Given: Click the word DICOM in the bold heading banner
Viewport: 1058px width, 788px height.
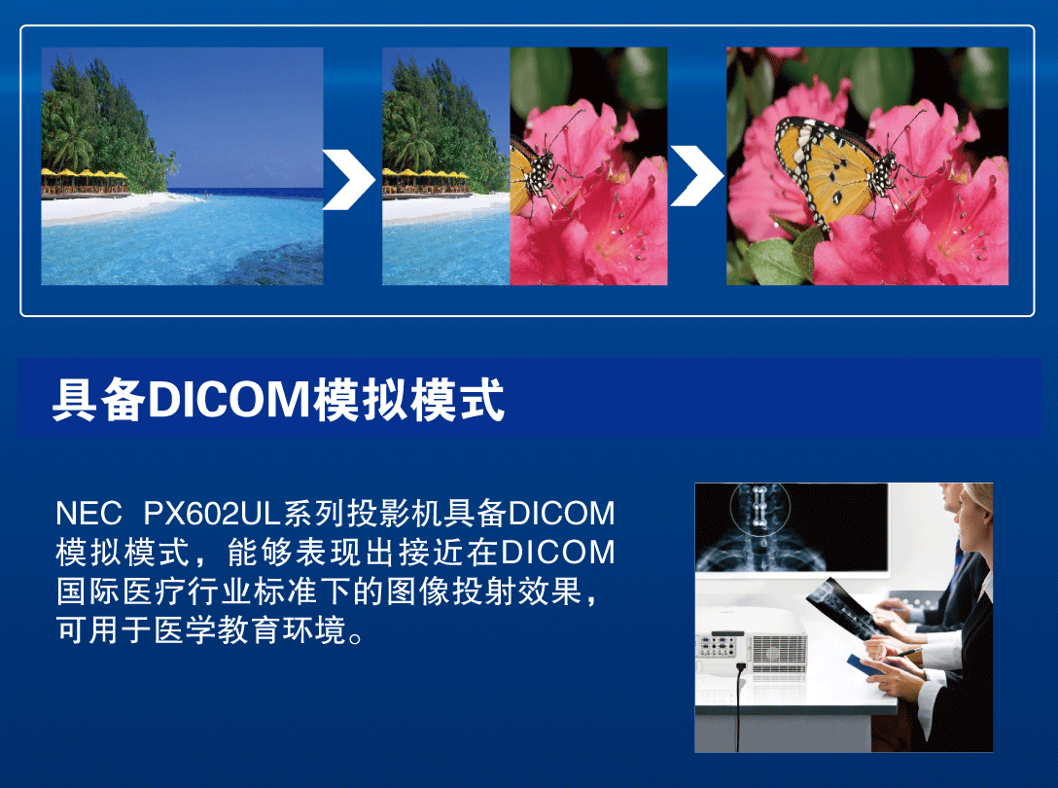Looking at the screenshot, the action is pyautogui.click(x=229, y=400).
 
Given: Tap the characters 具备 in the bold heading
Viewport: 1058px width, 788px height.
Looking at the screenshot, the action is pyautogui.click(x=99, y=400).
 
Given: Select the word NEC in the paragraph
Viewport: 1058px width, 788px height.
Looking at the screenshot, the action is pyautogui.click(x=88, y=514).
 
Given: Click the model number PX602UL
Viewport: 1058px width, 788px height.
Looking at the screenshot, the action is pyautogui.click(x=211, y=514).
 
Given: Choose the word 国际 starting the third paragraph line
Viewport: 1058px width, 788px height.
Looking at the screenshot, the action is pyautogui.click(x=88, y=591).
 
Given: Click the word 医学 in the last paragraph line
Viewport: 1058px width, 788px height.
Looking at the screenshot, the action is pyautogui.click(x=187, y=629).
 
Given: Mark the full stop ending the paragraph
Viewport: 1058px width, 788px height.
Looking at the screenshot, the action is pyautogui.click(x=357, y=637).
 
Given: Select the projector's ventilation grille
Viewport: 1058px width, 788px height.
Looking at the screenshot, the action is pyautogui.click(x=779, y=653).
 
